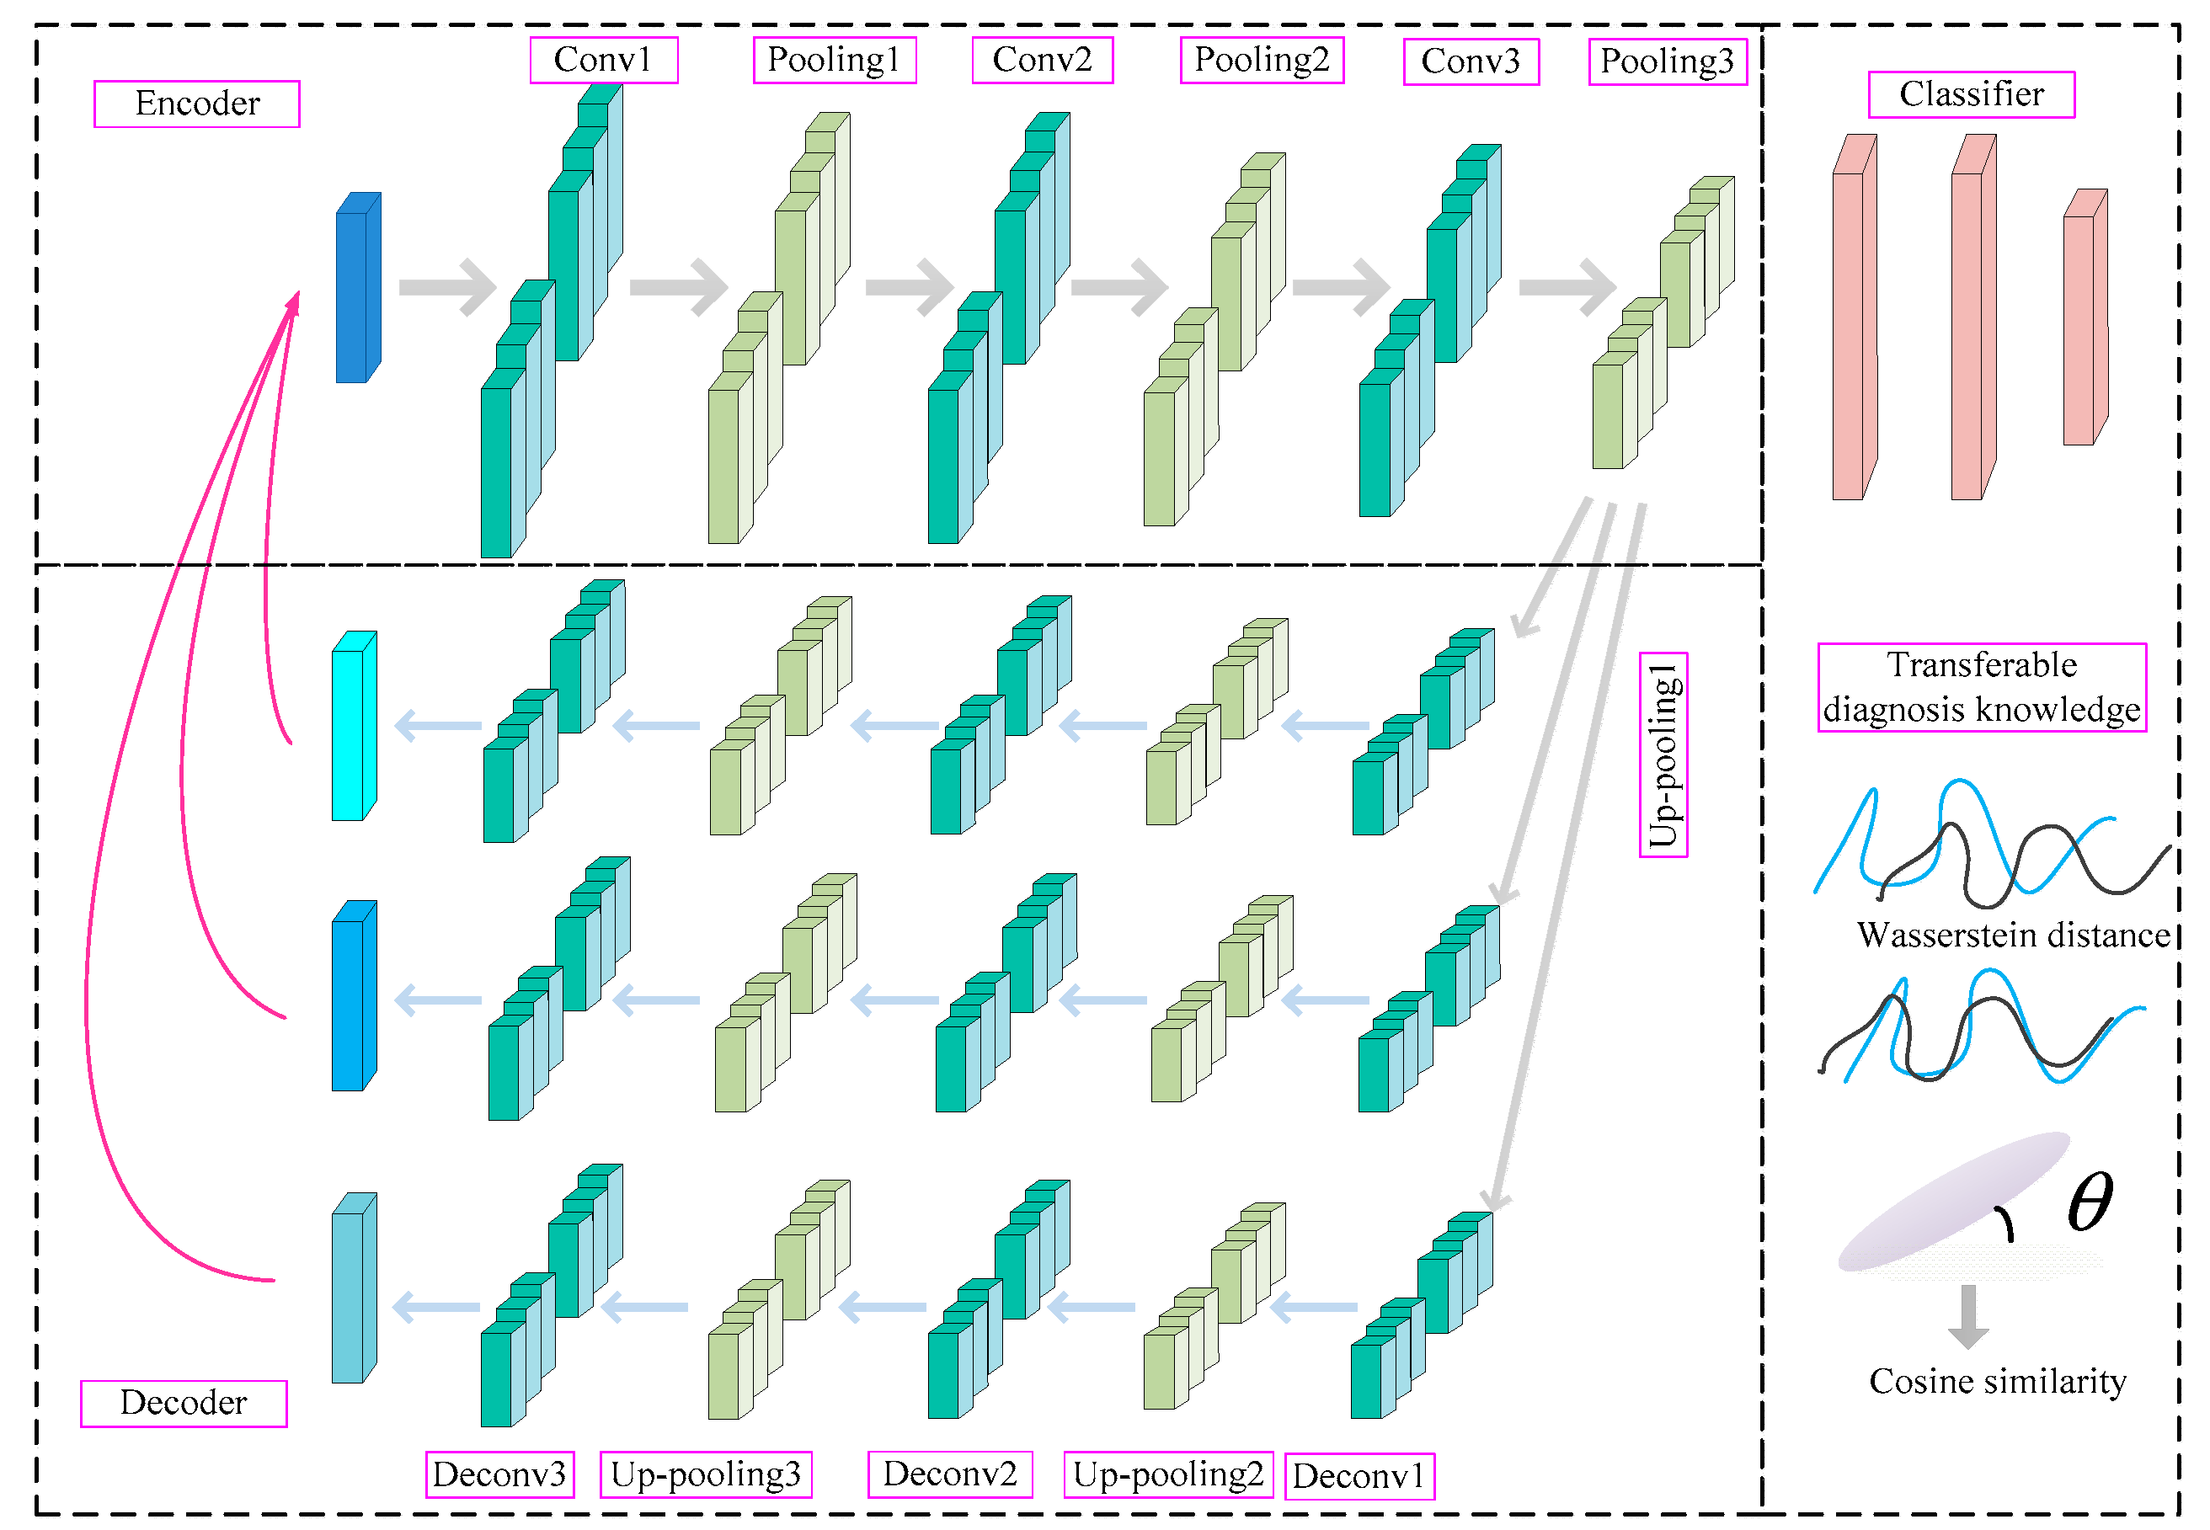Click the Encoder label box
click(196, 104)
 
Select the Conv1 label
click(603, 61)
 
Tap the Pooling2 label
click(1261, 61)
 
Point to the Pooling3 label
click(1667, 61)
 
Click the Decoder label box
click(183, 1403)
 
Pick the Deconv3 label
click(499, 1474)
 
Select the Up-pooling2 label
click(1168, 1474)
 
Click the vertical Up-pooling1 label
click(1663, 754)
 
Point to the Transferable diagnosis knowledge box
click(1981, 687)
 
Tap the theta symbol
click(2090, 1202)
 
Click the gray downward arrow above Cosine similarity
click(1967, 1316)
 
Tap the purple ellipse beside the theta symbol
click(1951, 1203)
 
